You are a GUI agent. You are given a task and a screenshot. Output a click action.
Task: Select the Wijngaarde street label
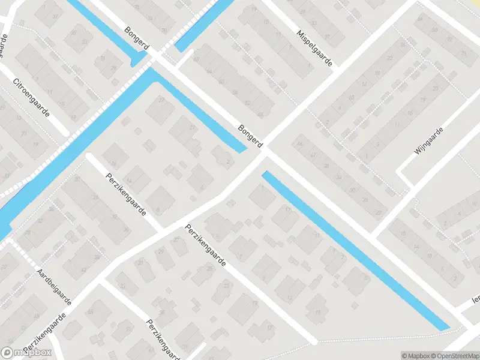tap(429, 141)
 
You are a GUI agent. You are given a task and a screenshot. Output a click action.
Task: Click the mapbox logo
tap(26, 353)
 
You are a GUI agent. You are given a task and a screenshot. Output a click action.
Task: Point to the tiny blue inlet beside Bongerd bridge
tap(139, 59)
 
